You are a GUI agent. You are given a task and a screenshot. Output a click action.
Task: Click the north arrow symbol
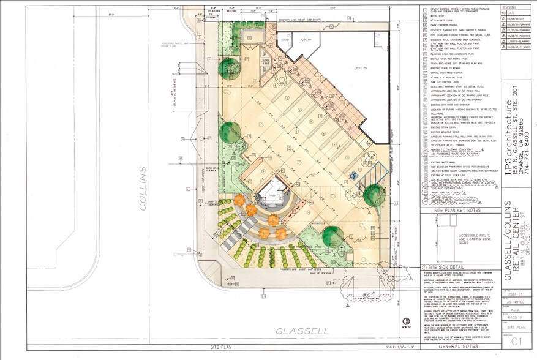point(405,322)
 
